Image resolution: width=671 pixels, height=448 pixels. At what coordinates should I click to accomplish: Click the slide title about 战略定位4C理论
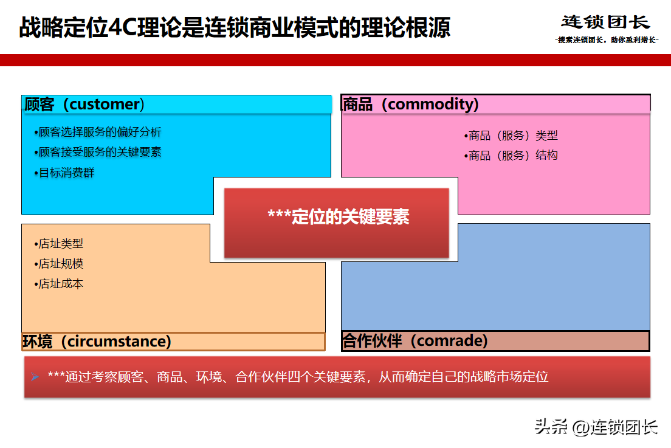coord(235,27)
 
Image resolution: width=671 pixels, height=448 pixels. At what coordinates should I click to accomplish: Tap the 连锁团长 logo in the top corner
coord(605,22)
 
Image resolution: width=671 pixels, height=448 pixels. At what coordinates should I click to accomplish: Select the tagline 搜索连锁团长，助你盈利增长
coord(607,40)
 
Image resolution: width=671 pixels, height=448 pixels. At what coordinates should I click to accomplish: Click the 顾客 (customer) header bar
coord(177,105)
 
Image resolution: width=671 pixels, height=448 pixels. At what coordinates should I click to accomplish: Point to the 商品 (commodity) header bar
coord(495,104)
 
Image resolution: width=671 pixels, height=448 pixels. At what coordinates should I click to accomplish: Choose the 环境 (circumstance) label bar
coord(173,342)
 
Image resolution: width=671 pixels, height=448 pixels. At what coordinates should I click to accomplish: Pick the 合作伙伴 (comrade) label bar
coord(495,341)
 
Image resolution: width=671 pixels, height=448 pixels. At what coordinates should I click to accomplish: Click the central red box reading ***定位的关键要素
coord(337,223)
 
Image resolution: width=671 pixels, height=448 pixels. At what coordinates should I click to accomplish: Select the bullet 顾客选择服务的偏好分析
coord(98,132)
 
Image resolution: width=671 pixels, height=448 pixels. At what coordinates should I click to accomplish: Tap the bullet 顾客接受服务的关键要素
coord(98,152)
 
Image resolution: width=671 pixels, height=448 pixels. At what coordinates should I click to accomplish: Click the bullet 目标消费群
coord(64,173)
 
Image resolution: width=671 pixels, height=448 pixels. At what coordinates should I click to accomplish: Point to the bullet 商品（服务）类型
coord(511,136)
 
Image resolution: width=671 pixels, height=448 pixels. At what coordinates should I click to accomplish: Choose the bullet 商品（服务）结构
coord(511,156)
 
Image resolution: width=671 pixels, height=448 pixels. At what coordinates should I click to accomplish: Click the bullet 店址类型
coord(58,244)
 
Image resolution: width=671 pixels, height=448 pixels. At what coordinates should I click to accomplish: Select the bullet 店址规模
coord(58,264)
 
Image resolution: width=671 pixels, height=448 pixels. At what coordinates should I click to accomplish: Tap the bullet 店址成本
coord(58,284)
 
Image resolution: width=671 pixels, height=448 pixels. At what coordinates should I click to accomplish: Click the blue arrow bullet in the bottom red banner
coord(35,377)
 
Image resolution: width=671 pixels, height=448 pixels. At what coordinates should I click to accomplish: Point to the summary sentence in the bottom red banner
coord(298,377)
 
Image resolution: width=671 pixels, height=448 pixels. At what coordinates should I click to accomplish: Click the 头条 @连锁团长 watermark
coord(596,427)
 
